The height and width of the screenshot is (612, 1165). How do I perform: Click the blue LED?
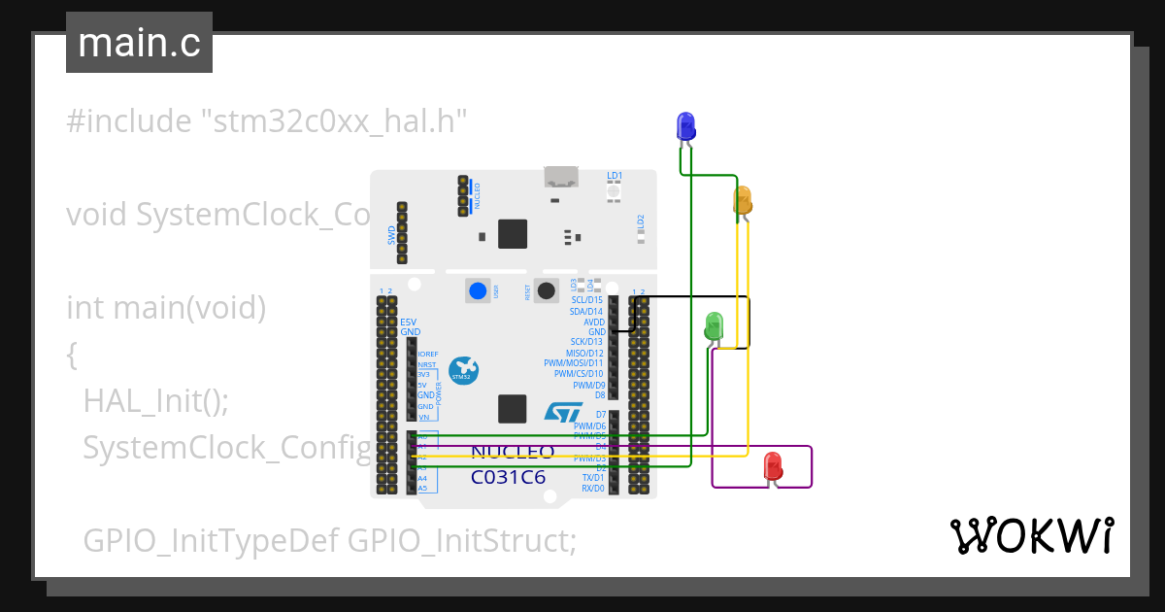pos(685,125)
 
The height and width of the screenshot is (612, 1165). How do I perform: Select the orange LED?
pos(743,200)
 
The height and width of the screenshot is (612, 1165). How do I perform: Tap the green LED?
pos(715,324)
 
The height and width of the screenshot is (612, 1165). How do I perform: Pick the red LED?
pos(773,465)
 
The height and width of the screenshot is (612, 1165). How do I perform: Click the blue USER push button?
pos(478,290)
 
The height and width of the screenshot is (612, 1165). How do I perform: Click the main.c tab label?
pos(139,43)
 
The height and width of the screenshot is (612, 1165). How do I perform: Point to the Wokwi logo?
pos(1031,535)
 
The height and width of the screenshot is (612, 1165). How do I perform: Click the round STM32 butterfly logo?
pos(463,370)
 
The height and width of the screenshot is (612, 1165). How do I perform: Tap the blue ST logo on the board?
pos(563,412)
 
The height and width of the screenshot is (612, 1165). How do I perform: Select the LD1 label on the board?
pos(615,176)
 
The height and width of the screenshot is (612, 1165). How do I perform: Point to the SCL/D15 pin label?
pos(587,300)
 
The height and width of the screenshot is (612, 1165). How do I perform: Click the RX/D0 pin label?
pos(591,489)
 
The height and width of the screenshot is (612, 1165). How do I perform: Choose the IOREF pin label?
pos(427,354)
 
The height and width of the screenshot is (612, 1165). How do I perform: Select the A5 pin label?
pos(422,489)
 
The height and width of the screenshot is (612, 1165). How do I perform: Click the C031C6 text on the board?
pos(508,477)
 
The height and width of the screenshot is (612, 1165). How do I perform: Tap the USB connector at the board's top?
pos(560,178)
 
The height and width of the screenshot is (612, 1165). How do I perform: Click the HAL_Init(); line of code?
pos(156,400)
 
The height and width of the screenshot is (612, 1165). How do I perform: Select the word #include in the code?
pos(129,122)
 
